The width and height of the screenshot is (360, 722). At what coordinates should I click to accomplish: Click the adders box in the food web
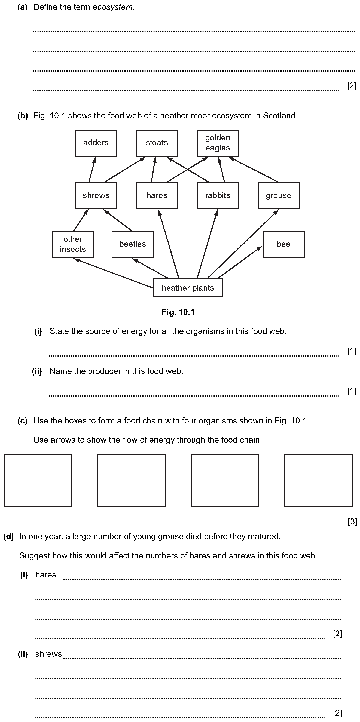pos(96,143)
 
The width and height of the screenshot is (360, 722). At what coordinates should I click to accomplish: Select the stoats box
pos(157,143)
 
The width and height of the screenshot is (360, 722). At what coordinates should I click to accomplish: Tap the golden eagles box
pos(218,143)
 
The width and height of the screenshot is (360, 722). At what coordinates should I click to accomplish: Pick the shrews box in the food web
pos(96,196)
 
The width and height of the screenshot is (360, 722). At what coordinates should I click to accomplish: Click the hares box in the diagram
pos(157,196)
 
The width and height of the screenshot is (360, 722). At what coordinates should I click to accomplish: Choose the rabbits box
pos(218,196)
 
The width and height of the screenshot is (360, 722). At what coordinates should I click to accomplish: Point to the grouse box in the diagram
pos(279,196)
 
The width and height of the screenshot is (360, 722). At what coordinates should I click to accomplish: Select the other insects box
pos(73,245)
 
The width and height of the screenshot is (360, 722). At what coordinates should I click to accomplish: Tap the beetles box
pos(133,245)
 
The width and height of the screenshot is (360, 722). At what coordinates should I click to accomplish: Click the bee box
pos(283,245)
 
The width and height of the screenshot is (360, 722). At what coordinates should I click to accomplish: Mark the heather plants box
pos(188,288)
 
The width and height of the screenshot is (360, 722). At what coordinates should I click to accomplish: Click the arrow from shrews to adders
pos(92,170)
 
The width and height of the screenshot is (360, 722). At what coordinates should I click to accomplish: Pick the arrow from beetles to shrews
pos(118,220)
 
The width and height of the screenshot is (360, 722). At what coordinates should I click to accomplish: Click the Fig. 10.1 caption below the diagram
pos(178,312)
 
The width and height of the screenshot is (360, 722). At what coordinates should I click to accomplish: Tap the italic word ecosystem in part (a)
pos(112,7)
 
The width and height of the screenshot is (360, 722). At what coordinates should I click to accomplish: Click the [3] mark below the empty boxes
pos(352,521)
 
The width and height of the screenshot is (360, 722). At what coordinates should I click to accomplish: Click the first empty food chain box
pos(38,480)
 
